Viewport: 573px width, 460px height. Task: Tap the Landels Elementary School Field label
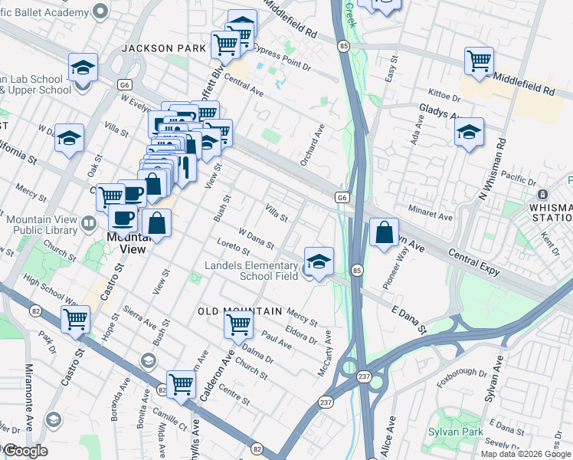pos(251,271)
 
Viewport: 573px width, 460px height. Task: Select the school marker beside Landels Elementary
pos(319,261)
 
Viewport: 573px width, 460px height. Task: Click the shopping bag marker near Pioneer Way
pos(384,232)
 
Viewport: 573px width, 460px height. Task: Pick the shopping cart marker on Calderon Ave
pos(238,324)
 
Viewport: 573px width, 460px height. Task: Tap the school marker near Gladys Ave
pos(469,133)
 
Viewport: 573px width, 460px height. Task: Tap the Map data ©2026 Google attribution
pos(526,454)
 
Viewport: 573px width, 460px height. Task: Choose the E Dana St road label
pos(409,320)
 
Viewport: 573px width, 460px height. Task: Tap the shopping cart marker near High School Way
pos(75,319)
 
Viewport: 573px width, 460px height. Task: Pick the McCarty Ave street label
pos(325,353)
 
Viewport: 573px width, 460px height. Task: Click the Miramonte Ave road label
pos(30,395)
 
